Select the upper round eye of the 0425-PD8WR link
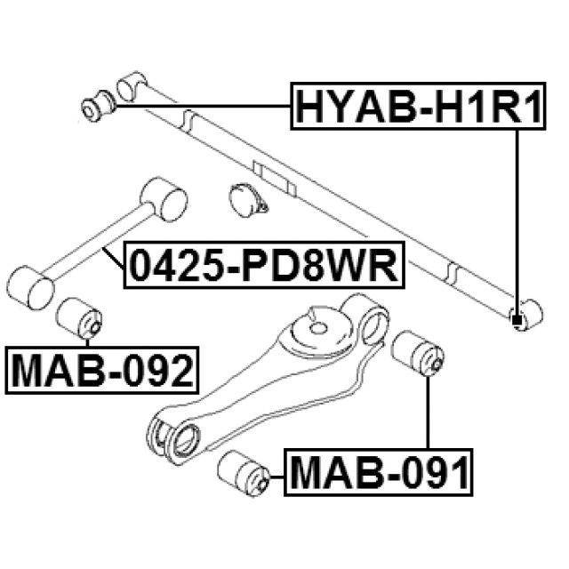click(164, 197)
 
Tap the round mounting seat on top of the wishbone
click(316, 328)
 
